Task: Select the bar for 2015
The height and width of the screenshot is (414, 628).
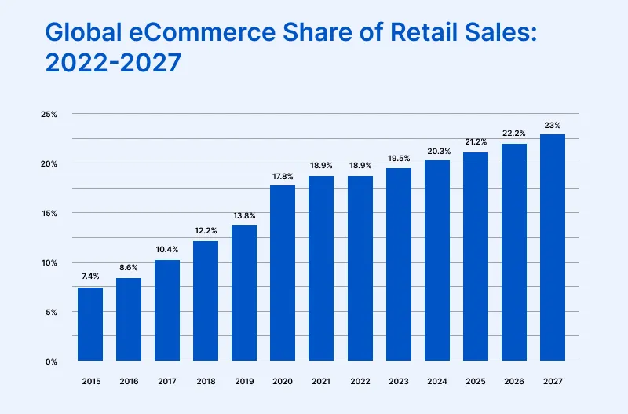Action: [90, 324]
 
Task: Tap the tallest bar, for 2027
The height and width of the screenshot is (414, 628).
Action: [553, 247]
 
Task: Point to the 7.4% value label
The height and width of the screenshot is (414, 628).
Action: [90, 277]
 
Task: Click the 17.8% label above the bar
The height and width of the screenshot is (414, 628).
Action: [283, 175]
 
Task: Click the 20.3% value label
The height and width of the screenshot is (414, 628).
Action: [437, 151]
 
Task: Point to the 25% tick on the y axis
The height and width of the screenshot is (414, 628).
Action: [49, 115]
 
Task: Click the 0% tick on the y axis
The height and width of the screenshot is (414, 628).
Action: [51, 362]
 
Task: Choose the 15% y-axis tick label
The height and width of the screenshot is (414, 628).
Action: [49, 214]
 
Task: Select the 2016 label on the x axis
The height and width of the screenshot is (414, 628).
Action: [129, 381]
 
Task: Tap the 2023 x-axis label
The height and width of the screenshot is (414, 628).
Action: [399, 381]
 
